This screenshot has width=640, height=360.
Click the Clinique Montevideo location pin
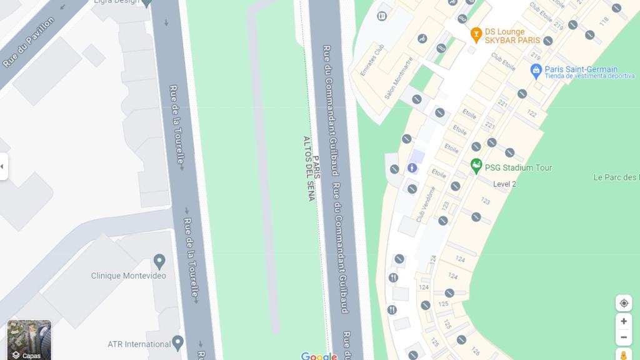click(159, 261)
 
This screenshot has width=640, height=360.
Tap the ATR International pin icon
click(177, 342)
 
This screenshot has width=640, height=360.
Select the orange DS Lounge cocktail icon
click(476, 35)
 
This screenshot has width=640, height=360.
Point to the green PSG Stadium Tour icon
click(476, 167)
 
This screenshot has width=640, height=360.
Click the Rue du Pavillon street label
click(29, 42)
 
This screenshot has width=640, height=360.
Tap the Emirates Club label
click(371, 60)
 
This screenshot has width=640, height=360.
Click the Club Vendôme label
click(426, 204)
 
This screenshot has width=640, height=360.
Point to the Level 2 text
click(504, 184)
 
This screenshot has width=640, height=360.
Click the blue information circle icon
click(412, 167)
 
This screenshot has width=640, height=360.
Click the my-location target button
click(623, 303)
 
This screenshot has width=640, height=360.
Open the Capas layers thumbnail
click(29, 340)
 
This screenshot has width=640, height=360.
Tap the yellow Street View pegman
click(623, 355)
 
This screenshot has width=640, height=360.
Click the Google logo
click(319, 356)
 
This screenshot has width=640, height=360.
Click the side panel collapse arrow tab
click(3, 166)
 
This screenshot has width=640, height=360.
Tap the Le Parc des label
click(616, 177)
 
